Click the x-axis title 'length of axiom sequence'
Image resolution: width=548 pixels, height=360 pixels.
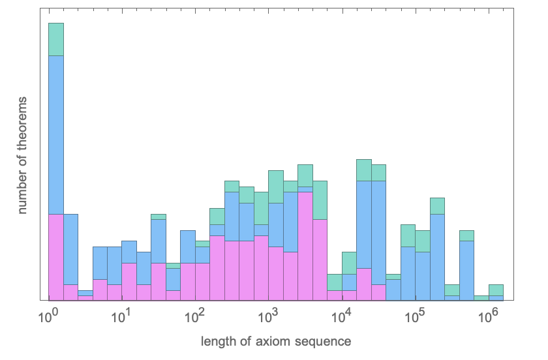[276, 341]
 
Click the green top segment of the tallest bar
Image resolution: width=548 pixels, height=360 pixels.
[55, 39]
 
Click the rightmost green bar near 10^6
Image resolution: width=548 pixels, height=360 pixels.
[496, 290]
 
